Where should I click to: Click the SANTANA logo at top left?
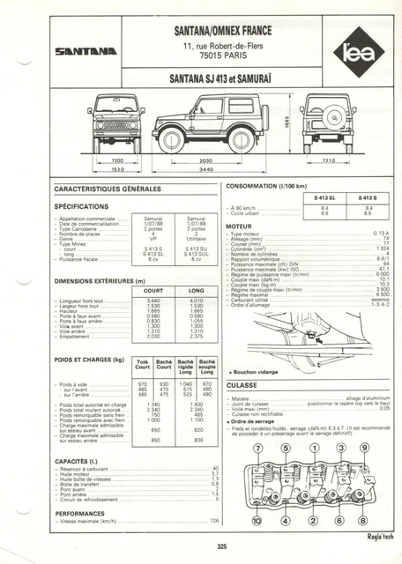point(86,51)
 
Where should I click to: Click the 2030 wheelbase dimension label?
point(205,160)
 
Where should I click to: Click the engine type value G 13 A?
point(382,233)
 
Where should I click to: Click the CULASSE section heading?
point(242,384)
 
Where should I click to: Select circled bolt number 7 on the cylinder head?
point(258,449)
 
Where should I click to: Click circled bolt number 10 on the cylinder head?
point(258,521)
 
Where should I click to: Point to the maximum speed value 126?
point(212,521)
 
